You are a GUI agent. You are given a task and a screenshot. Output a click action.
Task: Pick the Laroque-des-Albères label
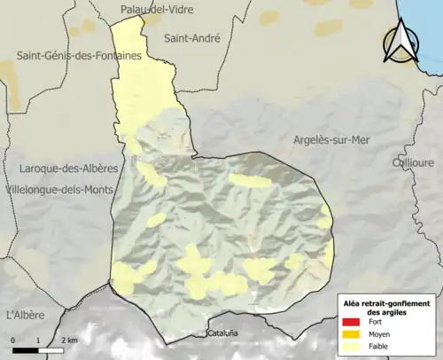point(60,168)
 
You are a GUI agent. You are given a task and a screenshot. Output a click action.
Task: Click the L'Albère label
point(25,315)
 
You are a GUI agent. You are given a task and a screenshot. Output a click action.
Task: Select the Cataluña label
point(223,334)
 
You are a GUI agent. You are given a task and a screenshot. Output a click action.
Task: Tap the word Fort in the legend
point(377,323)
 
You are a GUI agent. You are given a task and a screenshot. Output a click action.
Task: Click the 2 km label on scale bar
point(69,340)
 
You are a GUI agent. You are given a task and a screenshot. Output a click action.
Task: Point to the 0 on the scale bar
point(14,340)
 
